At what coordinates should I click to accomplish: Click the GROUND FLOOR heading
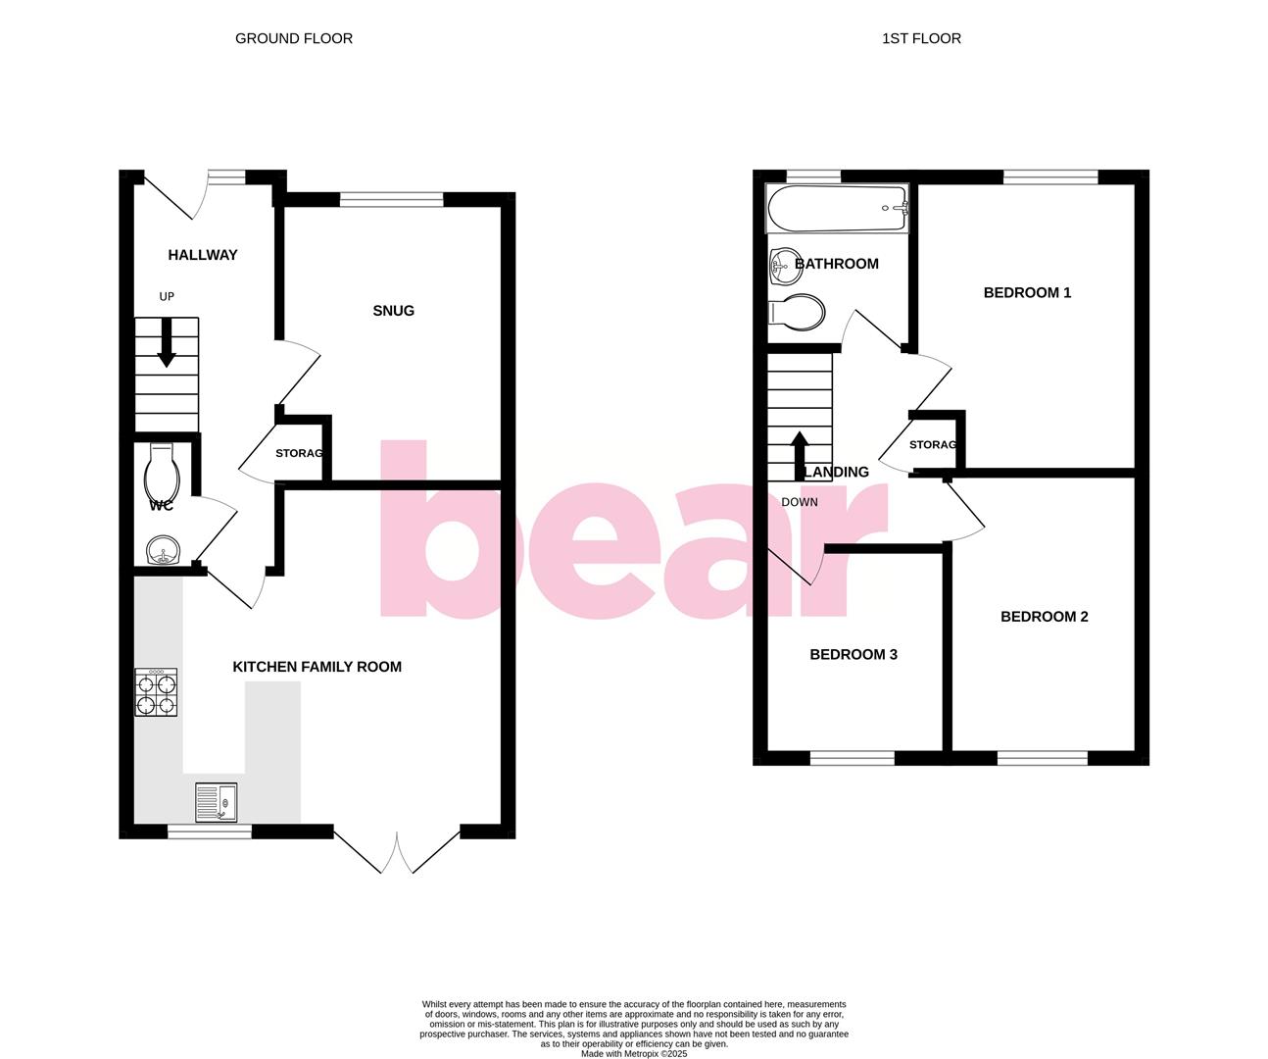[294, 38]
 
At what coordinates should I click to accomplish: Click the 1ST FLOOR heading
[921, 38]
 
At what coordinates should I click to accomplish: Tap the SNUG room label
[393, 311]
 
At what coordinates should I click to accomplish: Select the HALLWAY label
[203, 255]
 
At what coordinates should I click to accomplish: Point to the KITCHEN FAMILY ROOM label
[317, 667]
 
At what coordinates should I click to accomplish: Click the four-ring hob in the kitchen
[156, 692]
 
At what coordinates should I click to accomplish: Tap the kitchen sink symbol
[216, 802]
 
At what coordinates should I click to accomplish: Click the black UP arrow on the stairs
[167, 344]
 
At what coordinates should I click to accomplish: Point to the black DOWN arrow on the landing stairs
[799, 454]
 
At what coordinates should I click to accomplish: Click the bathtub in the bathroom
[837, 208]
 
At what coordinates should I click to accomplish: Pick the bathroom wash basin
[785, 262]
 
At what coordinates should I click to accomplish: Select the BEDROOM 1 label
[1027, 292]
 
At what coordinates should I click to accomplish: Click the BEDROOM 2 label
[1044, 617]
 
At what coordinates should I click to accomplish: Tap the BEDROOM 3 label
[853, 655]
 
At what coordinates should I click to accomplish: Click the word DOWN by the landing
[800, 502]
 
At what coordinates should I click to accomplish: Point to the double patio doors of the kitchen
[397, 850]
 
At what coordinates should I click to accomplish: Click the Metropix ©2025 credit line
[634, 1054]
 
